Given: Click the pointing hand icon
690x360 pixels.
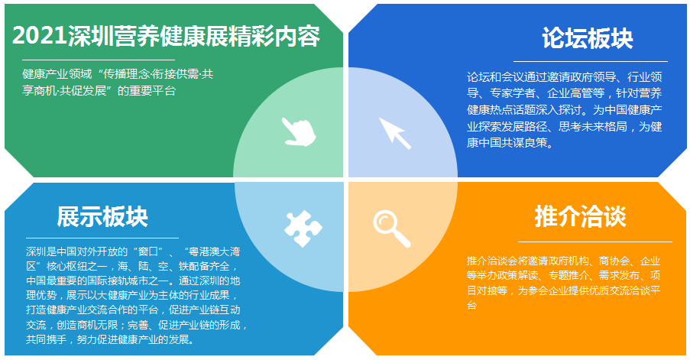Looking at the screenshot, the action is (x=299, y=131).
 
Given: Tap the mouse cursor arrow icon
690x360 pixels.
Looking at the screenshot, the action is (x=395, y=133).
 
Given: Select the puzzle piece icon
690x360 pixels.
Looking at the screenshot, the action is (x=303, y=228).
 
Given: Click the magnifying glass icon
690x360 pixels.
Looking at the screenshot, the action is (x=392, y=229).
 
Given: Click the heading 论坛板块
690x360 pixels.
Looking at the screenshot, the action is (x=588, y=38).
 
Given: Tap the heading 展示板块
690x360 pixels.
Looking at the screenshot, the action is (x=102, y=216).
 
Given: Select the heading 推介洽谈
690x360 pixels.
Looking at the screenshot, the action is (x=581, y=216).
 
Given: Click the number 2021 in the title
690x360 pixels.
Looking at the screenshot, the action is (x=40, y=36).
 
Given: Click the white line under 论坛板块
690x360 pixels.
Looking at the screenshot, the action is (x=591, y=62).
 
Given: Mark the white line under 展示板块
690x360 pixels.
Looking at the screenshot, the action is (x=102, y=238).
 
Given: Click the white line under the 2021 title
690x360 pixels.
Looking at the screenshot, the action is (x=99, y=60).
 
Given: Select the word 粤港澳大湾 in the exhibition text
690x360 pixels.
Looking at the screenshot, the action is (x=213, y=252).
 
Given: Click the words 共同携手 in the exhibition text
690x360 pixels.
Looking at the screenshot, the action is (x=46, y=340).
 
